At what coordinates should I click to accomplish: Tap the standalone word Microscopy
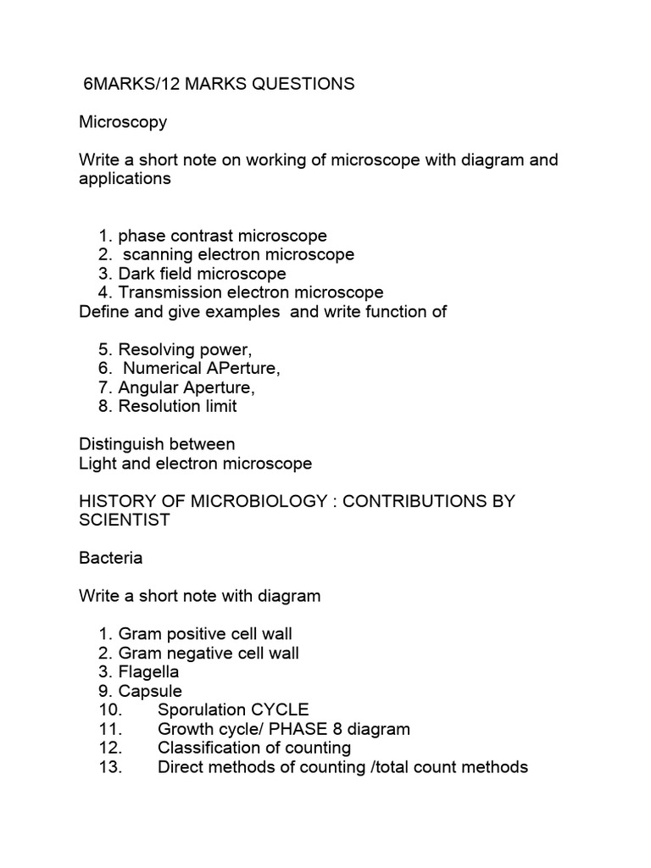(x=123, y=122)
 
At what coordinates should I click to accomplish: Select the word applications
(x=125, y=179)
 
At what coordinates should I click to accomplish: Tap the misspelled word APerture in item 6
(x=239, y=368)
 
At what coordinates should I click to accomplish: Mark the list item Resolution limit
(x=177, y=406)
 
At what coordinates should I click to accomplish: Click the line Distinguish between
(x=157, y=444)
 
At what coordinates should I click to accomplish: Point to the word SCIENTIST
(x=125, y=520)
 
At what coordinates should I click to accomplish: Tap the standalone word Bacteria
(x=111, y=558)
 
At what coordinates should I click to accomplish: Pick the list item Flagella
(x=148, y=672)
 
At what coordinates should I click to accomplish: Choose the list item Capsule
(x=150, y=691)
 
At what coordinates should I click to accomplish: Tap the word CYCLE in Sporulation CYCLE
(x=280, y=709)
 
